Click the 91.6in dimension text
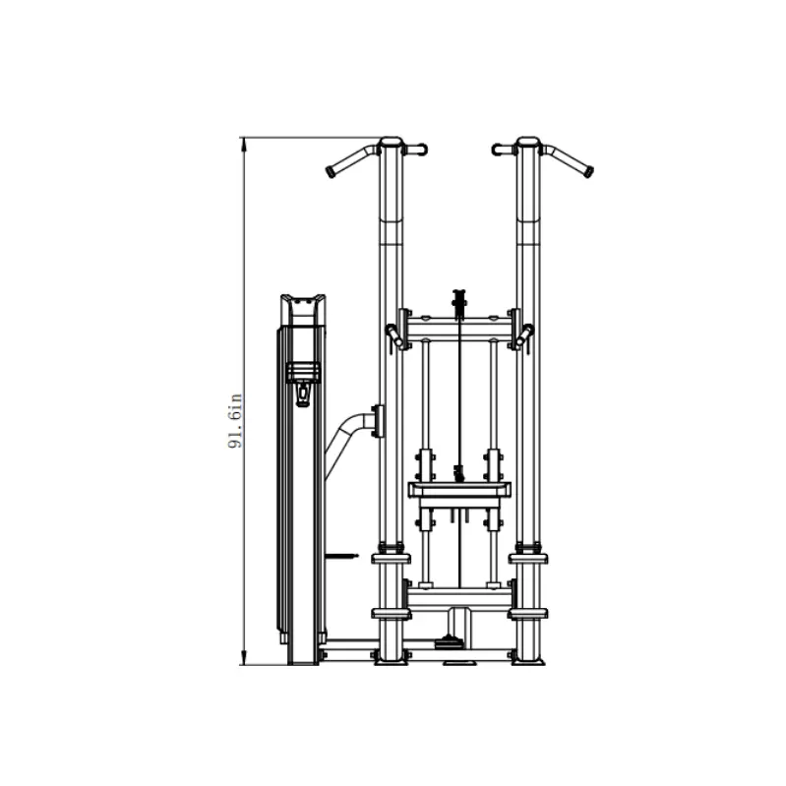pos(235,421)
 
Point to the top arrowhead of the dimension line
pos(244,144)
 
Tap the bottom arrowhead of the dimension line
pos(244,658)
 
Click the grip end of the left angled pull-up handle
pos(332,171)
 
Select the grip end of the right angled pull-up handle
pos(587,171)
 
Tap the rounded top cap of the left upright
pos(391,141)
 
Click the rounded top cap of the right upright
pos(528,141)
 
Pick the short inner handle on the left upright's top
pos(415,150)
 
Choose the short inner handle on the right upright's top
pos(504,150)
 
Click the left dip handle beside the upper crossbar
pos(394,335)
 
